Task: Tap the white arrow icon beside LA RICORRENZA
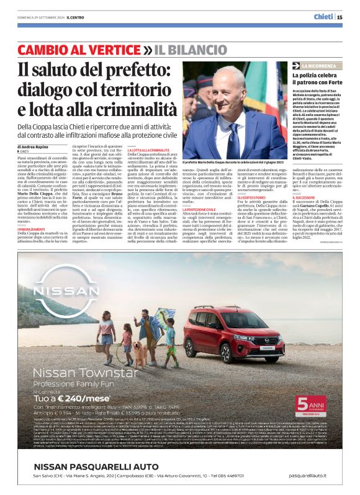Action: click(297, 65)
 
